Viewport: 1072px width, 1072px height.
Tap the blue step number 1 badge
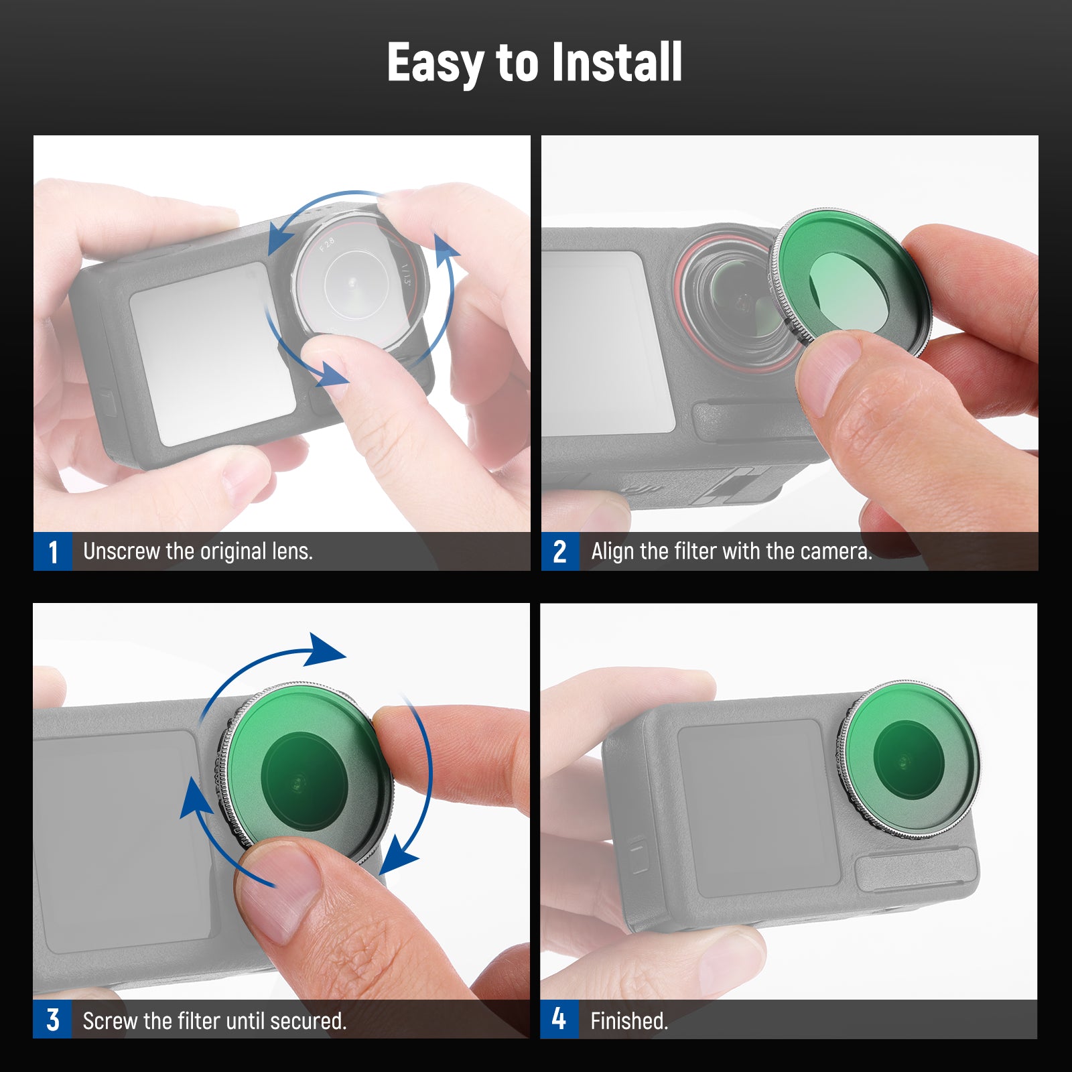(53, 551)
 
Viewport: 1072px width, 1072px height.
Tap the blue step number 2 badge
(560, 551)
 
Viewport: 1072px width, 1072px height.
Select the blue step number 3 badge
(52, 1020)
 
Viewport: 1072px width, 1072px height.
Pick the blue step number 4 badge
(559, 1020)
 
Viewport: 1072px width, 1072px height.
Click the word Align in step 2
(612, 551)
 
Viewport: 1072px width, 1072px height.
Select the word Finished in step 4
(629, 1021)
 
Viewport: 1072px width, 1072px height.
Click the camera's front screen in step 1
(212, 354)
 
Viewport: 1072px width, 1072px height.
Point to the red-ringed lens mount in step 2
(727, 301)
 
